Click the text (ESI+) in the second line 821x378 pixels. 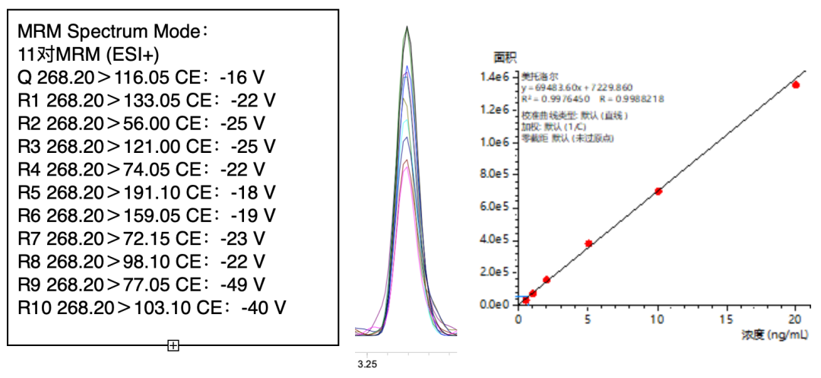point(138,55)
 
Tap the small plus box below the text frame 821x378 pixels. point(173,346)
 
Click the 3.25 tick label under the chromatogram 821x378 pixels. point(367,364)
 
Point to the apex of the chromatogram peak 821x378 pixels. point(407,28)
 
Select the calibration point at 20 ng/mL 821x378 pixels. point(795,84)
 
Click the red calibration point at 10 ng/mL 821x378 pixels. point(658,191)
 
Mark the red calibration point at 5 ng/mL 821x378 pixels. point(588,243)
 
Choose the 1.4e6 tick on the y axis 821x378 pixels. point(495,77)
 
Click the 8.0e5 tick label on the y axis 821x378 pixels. point(495,174)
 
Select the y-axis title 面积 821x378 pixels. point(504,58)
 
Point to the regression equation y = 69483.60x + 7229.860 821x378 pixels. point(578,87)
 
